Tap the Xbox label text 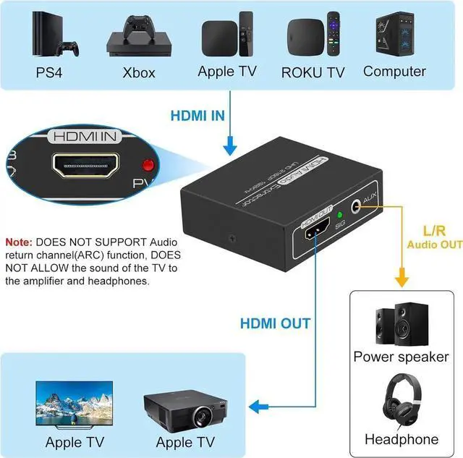(138, 72)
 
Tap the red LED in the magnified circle (149, 164)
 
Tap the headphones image (400, 402)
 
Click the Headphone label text (402, 439)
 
